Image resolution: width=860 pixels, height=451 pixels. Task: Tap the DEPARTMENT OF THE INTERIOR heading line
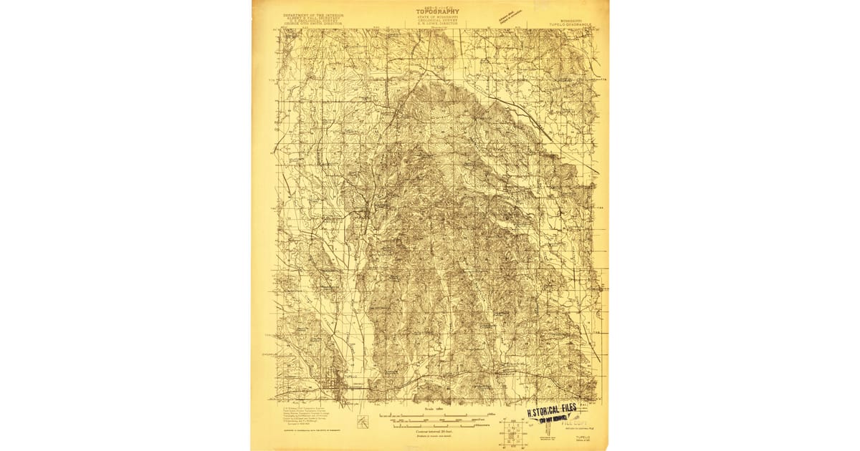314,14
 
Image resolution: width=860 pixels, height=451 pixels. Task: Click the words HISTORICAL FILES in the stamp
551,411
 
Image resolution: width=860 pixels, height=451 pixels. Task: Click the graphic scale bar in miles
430,415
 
